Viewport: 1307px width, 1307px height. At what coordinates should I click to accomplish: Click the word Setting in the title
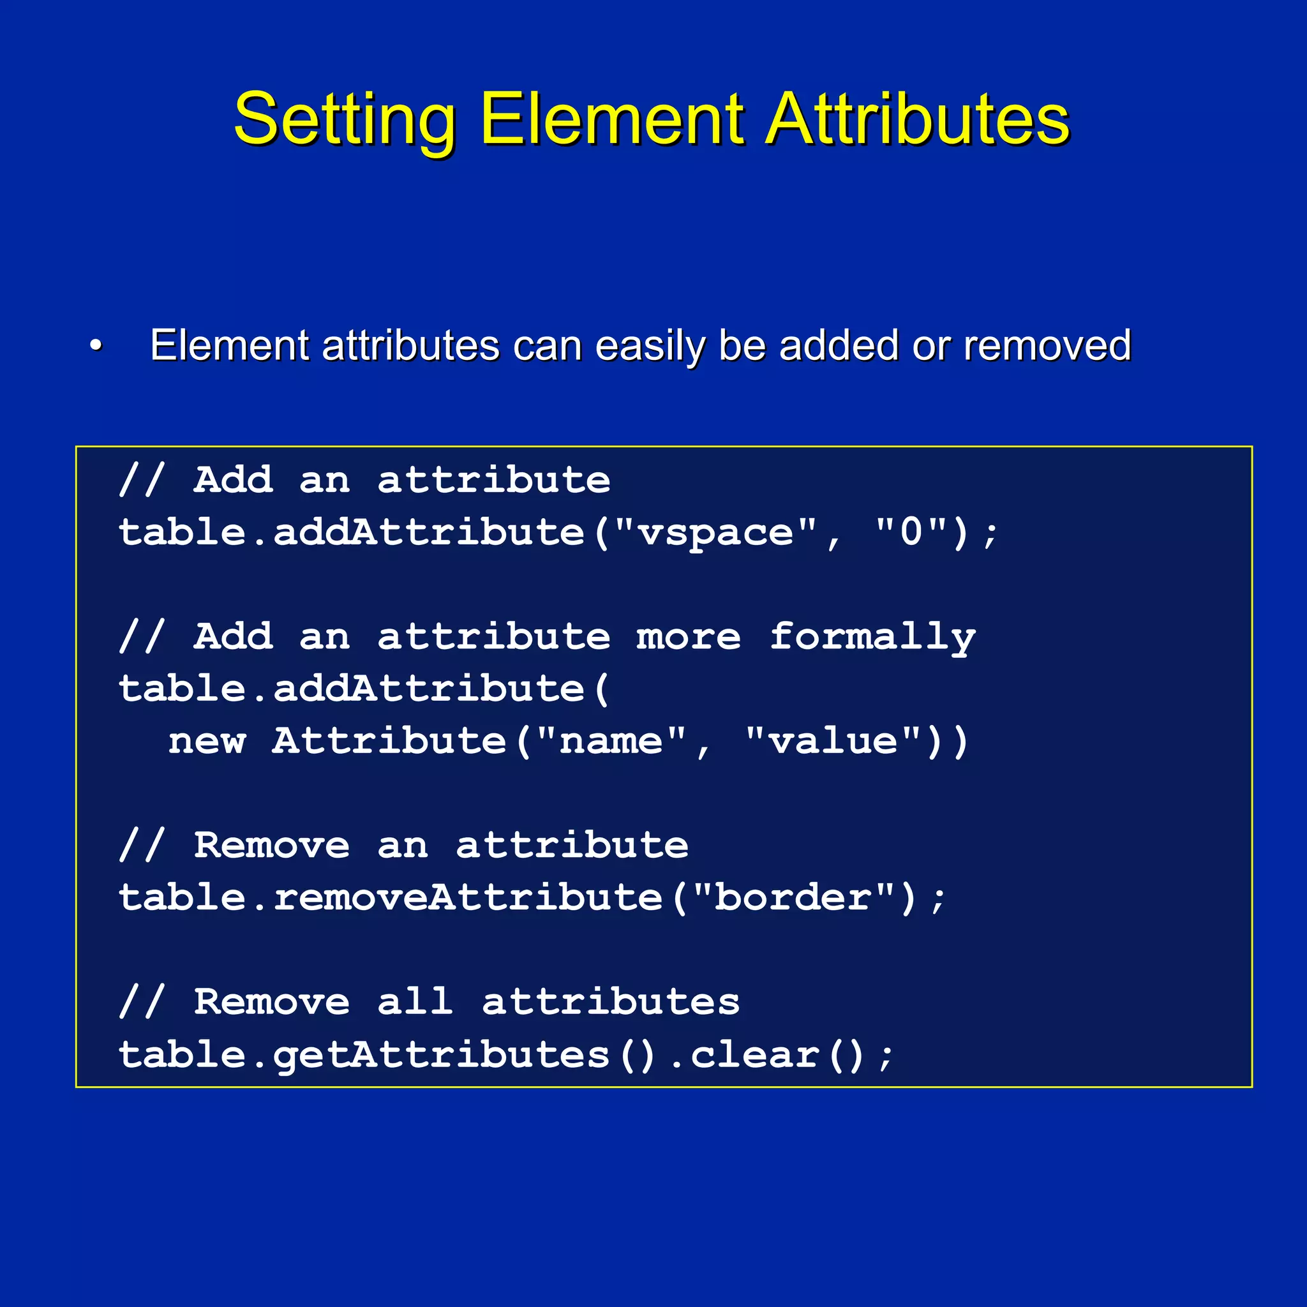pyautogui.click(x=345, y=120)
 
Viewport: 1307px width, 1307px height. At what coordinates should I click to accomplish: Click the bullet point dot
pyautogui.click(x=96, y=346)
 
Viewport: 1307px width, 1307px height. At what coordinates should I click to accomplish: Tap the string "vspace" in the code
pyautogui.click(x=717, y=532)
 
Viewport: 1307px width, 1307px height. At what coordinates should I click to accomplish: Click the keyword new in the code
pyautogui.click(x=207, y=742)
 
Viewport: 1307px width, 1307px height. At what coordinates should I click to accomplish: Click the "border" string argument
pyautogui.click(x=793, y=898)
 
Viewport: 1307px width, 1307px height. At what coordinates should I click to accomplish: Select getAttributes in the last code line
pyautogui.click(x=442, y=1056)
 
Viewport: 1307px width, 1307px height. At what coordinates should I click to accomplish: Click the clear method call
pyautogui.click(x=754, y=1056)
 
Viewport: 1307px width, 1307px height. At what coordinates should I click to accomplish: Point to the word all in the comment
pyautogui.click(x=415, y=1002)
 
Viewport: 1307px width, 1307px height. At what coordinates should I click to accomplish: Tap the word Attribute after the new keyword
pyautogui.click(x=389, y=742)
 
